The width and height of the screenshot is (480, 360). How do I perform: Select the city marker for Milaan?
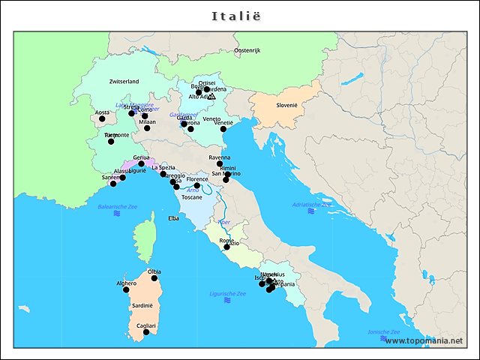tap(147, 128)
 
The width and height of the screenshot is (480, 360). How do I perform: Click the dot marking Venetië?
tap(223, 129)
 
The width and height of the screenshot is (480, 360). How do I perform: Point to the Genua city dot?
tap(141, 163)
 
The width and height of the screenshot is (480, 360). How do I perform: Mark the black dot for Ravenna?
tap(220, 163)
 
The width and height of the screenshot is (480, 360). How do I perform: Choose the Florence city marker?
tap(197, 186)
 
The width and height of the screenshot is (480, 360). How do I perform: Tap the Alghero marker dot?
tap(126, 289)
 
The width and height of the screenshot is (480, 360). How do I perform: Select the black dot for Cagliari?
tap(146, 331)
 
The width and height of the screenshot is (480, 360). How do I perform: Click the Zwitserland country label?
tap(124, 81)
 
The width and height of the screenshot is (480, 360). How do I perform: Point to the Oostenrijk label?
tap(247, 50)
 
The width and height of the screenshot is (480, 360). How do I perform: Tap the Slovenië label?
tap(286, 105)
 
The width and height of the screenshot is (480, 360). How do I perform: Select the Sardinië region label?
tap(142, 306)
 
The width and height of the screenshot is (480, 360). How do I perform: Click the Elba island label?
tap(173, 218)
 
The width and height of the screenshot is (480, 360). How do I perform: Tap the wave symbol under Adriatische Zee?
tap(310, 212)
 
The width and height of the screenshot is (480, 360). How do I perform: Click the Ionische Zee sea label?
tap(383, 331)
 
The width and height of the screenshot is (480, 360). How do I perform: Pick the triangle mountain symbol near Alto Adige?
tap(211, 97)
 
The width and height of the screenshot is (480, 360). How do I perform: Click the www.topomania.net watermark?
tap(424, 341)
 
